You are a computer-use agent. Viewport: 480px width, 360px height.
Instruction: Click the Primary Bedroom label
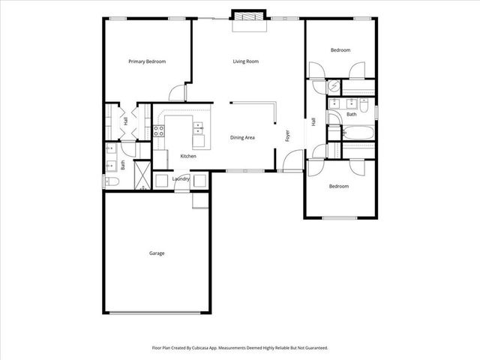[147, 61]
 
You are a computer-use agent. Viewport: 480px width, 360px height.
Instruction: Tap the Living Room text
[245, 61]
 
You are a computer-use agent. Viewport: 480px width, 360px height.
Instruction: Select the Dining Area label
[242, 138]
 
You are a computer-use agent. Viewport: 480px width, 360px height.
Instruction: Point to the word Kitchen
[188, 156]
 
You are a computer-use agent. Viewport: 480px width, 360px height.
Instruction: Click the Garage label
[156, 253]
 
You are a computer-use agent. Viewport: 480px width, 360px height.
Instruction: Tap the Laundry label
[181, 178]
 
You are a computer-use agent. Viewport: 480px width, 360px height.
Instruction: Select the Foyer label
[287, 136]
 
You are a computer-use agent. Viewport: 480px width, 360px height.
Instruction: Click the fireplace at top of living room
[247, 16]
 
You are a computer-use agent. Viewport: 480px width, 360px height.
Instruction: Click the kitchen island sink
[199, 133]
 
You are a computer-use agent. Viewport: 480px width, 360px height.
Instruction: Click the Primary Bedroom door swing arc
[177, 91]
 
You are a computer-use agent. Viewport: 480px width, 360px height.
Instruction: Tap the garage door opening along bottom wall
[156, 313]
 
